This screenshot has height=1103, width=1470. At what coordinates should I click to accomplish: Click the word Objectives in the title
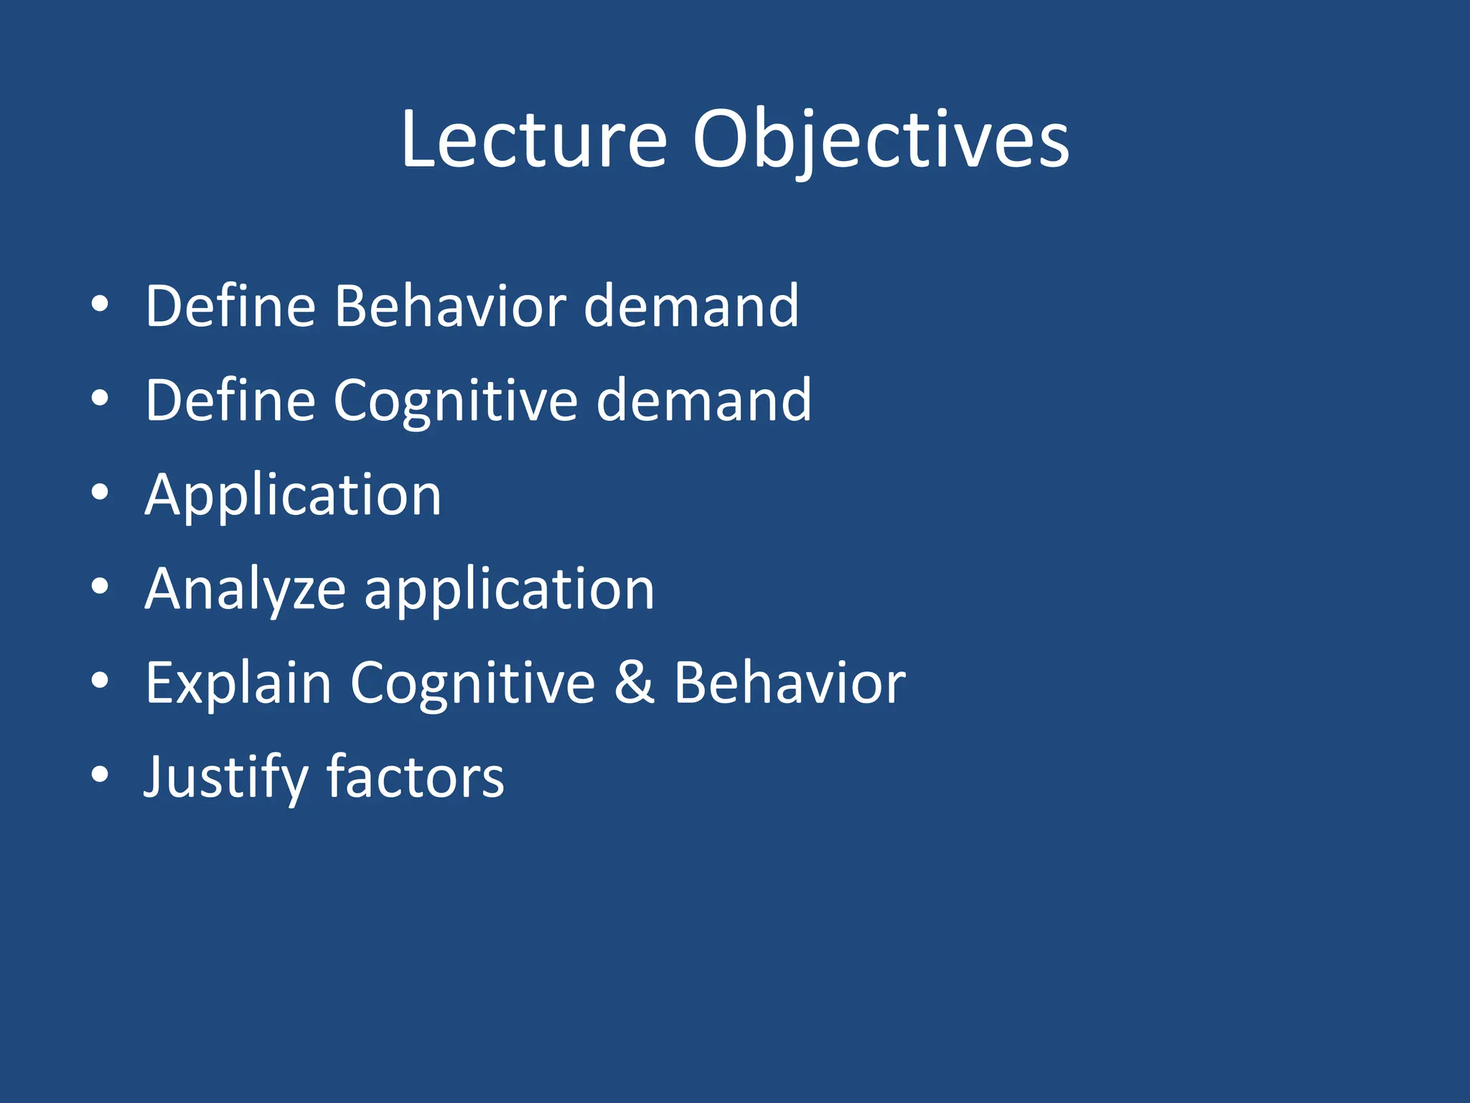880,140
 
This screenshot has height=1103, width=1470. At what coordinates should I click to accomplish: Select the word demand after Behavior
691,307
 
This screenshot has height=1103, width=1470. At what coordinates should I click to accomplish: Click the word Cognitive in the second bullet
455,401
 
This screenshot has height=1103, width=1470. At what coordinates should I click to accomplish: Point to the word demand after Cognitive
704,401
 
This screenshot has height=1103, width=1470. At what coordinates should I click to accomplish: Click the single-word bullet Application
293,495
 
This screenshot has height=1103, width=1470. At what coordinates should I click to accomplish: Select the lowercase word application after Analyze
510,590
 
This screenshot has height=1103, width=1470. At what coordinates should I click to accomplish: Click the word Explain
238,684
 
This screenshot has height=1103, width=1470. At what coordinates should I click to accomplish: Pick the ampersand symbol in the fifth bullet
635,684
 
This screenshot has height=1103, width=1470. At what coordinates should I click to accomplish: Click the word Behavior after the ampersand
790,684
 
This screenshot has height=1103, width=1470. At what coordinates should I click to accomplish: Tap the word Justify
225,778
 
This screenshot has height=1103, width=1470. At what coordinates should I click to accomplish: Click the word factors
416,778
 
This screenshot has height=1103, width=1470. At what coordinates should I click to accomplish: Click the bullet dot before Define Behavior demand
100,304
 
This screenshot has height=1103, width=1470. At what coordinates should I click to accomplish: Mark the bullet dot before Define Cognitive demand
100,399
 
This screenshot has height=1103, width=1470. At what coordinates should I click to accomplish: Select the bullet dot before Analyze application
100,587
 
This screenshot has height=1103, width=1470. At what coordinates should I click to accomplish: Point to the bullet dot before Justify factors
100,776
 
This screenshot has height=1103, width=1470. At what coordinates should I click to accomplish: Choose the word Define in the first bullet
230,307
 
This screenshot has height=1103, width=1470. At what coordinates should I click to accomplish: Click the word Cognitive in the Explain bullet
472,684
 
